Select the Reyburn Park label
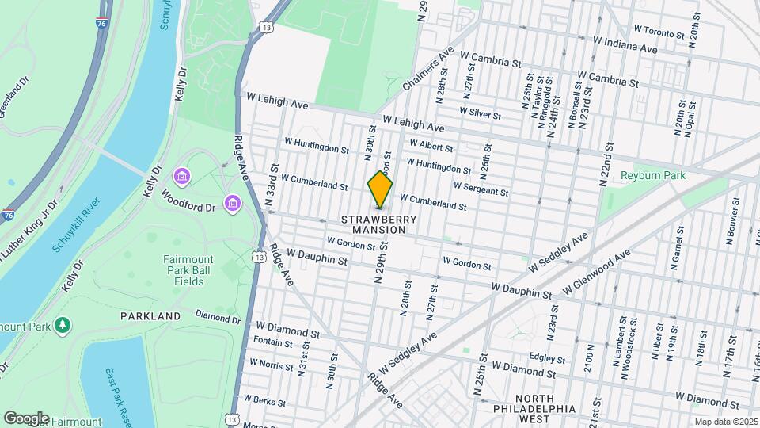click(x=653, y=175)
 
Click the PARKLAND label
click(x=150, y=316)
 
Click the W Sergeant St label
click(x=481, y=189)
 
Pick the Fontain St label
click(x=272, y=342)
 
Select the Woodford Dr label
click(x=188, y=203)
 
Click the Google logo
click(x=26, y=418)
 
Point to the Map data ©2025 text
click(x=724, y=422)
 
